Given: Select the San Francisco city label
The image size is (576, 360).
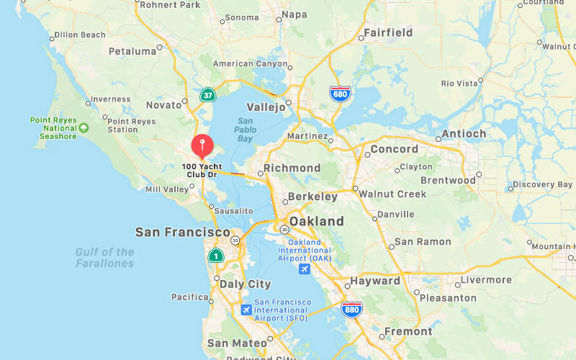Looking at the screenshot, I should tap(183, 233).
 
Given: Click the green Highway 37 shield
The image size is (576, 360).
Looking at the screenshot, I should tap(207, 94).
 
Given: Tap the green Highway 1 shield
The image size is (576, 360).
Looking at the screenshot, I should tap(215, 256).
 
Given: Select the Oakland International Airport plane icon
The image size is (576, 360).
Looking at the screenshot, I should tap(305, 269).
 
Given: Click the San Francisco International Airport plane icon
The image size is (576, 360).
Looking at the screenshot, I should tap(246, 310).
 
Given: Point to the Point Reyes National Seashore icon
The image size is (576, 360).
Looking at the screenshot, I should tap(84, 127).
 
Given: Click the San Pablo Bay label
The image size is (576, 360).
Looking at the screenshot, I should tap(246, 130).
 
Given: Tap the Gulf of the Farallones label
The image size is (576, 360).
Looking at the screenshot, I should tap(105, 258).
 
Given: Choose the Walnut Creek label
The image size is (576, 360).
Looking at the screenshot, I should tap(392, 194).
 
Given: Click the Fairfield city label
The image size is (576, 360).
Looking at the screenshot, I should tap(388, 32).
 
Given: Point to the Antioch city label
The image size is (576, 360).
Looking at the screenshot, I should tap(463, 133).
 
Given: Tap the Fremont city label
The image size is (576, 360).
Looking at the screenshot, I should tap(408, 332).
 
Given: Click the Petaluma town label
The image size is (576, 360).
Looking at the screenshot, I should tap(132, 51).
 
